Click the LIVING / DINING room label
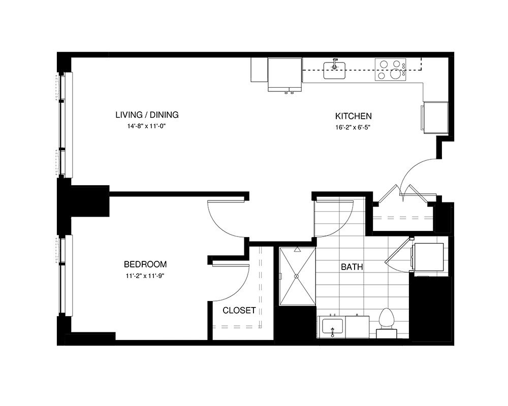coord(147,115)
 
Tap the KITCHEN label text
coord(353,116)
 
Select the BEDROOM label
coord(145,264)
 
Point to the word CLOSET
coord(239,310)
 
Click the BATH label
coord(352,267)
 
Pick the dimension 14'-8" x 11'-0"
coord(146,126)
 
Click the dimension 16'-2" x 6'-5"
coord(353,127)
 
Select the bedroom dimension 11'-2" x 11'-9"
coord(146,276)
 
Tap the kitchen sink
coord(334,71)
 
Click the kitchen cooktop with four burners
coord(390,70)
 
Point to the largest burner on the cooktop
coord(396,74)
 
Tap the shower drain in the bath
coord(296,276)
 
